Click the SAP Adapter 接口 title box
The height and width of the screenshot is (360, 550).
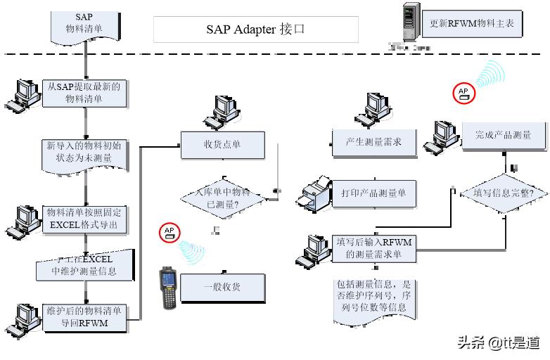[255, 30]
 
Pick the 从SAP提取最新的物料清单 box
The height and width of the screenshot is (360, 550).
[84, 93]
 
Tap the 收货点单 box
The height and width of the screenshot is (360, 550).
[222, 145]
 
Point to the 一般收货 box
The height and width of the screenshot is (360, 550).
[222, 287]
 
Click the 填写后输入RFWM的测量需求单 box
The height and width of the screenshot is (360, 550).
[373, 248]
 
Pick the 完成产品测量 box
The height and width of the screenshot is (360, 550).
[502, 135]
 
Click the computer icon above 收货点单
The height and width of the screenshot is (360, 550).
[222, 111]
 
